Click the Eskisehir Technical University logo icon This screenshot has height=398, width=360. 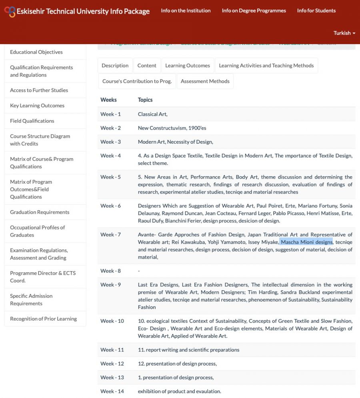(10, 11)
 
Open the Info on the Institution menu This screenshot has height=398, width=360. (186, 10)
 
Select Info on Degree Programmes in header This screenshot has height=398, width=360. (254, 10)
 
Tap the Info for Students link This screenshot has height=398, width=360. (316, 10)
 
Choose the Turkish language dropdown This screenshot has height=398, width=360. (344, 33)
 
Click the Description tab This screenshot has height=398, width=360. (115, 65)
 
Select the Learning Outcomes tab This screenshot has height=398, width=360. (187, 65)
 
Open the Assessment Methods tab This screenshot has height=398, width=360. (205, 81)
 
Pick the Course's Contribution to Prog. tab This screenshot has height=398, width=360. (137, 81)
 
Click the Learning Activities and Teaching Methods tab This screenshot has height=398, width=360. (266, 65)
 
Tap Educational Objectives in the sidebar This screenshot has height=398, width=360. (36, 52)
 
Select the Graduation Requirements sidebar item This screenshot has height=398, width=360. (40, 212)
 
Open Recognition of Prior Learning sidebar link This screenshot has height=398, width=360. (43, 319)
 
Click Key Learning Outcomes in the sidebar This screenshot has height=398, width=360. (37, 106)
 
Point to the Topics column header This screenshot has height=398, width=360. (145, 100)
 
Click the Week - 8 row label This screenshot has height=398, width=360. (110, 271)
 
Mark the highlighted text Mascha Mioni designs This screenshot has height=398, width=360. (306, 242)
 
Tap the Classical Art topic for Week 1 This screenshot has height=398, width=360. (152, 114)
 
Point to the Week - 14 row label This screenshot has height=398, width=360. (112, 391)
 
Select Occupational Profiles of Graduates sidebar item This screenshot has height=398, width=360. (37, 231)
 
